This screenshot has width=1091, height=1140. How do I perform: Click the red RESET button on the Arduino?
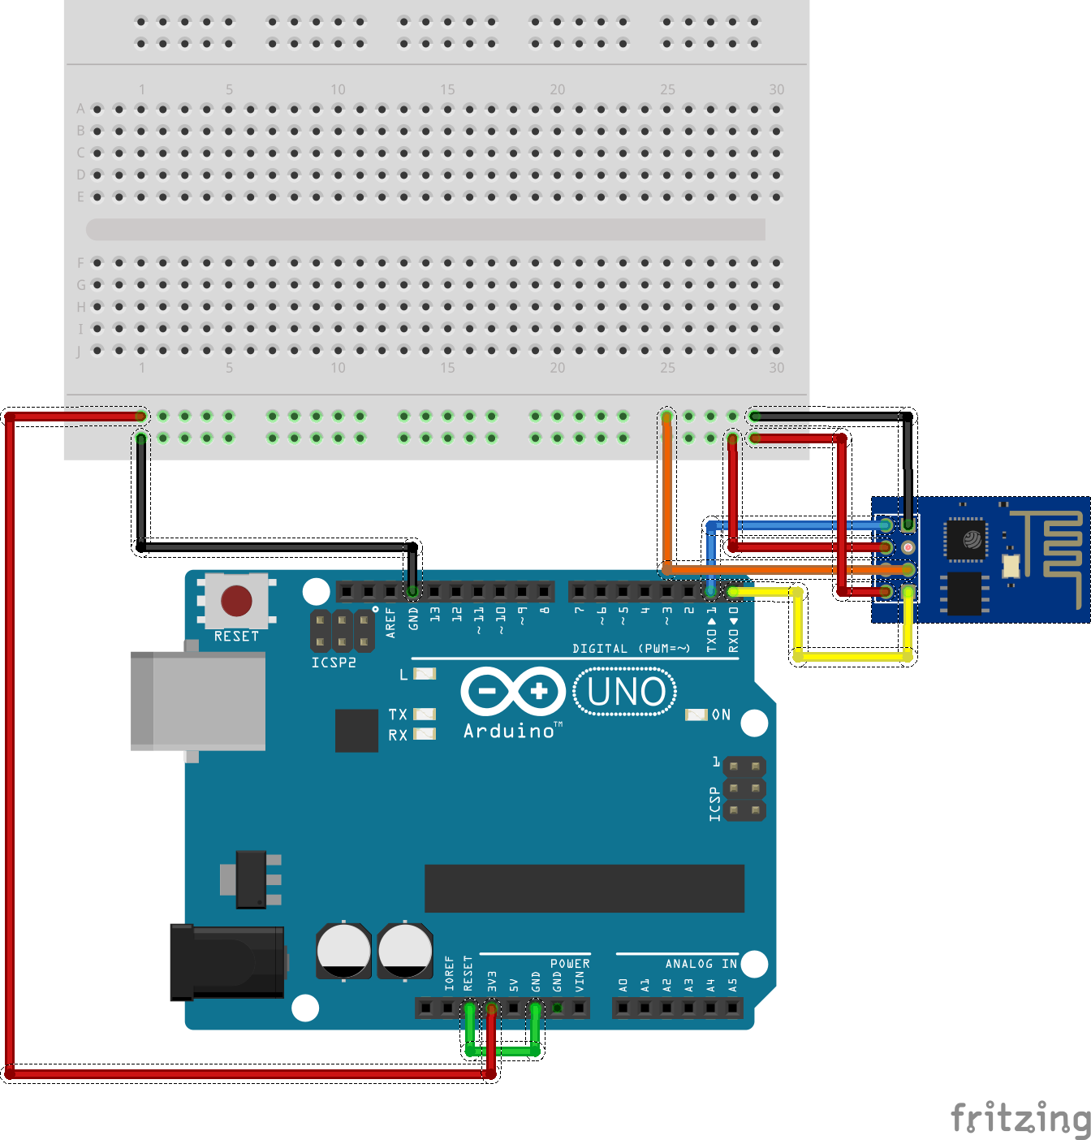236,602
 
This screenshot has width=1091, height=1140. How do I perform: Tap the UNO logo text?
625,692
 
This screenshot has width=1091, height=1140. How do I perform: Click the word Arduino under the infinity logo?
510,731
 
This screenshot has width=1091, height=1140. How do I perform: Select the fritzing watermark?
1020,1118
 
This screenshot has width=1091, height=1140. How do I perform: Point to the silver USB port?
199,700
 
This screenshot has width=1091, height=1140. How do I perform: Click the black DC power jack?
227,962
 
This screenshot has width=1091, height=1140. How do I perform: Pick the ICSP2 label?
334,663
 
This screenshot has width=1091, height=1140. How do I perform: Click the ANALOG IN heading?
701,964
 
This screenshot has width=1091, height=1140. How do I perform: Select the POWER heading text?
570,964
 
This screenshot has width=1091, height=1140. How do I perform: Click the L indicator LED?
425,674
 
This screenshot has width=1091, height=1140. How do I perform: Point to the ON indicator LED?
696,715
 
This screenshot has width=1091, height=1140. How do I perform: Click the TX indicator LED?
425,715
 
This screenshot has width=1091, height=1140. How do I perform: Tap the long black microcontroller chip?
584,888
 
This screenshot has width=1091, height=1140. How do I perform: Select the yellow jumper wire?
852,655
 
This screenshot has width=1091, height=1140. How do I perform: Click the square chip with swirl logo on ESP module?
966,539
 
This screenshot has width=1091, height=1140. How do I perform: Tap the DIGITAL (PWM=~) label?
631,648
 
